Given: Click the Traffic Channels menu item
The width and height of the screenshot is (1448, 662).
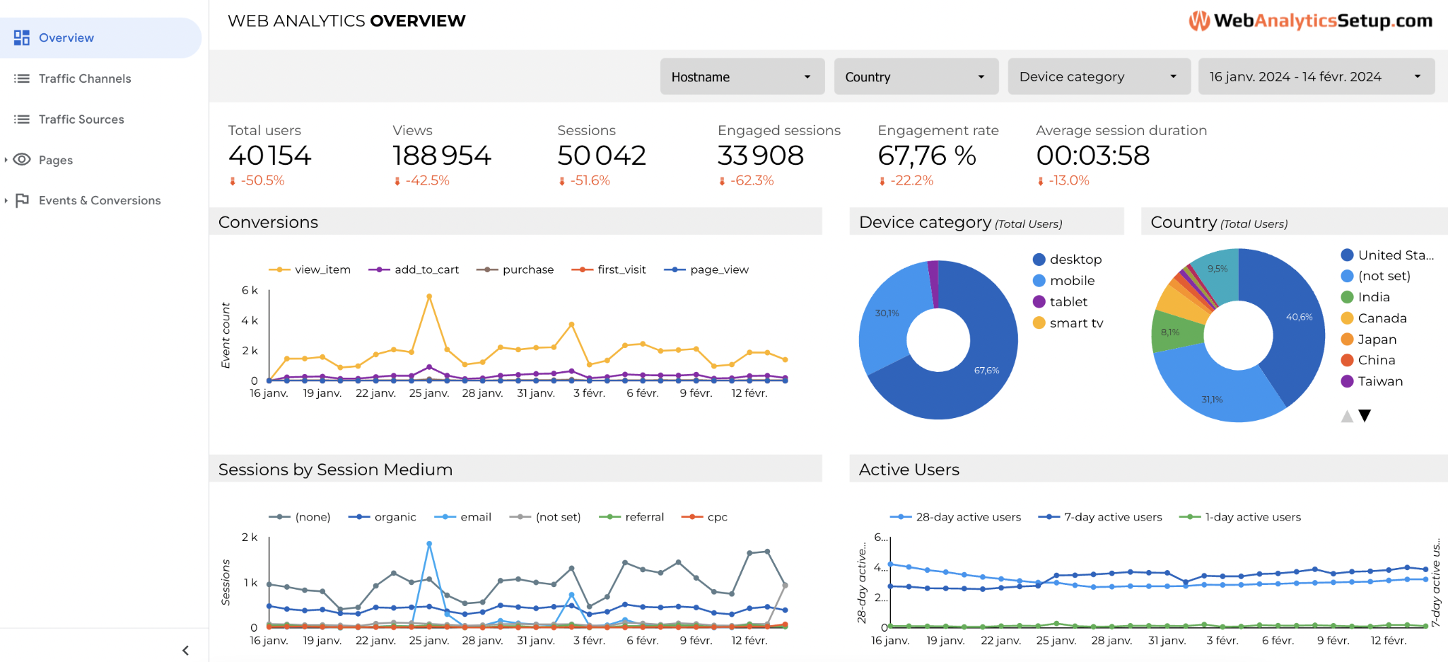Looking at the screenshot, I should click(x=84, y=79).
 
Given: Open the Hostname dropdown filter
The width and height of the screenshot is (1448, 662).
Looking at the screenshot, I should click(x=742, y=76).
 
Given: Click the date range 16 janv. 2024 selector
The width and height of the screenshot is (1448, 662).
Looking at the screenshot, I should click(x=1315, y=76).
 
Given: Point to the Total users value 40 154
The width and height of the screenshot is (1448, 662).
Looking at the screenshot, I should click(x=269, y=156).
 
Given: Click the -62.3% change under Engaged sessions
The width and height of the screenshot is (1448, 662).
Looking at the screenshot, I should click(x=751, y=180).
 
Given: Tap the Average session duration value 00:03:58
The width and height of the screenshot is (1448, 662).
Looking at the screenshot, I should click(x=1092, y=156).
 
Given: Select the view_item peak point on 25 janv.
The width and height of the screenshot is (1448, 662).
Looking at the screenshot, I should click(x=429, y=297).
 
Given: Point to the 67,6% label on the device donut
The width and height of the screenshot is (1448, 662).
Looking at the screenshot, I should click(x=986, y=371).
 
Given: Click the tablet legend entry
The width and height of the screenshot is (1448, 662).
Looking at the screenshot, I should click(x=1068, y=302).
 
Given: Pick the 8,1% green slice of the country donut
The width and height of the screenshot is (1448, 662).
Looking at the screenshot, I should click(x=1171, y=332).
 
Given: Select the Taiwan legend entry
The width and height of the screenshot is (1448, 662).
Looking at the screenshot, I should click(x=1379, y=381).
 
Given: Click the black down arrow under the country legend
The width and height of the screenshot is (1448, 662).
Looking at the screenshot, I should click(x=1365, y=416).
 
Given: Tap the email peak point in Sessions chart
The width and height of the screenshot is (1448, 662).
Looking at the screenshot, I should click(x=429, y=544).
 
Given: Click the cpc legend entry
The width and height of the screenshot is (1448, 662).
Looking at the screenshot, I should click(x=716, y=517).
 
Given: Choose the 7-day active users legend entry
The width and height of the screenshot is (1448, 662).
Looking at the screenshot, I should click(x=1112, y=517).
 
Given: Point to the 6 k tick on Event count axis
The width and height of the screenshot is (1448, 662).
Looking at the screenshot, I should click(x=250, y=291).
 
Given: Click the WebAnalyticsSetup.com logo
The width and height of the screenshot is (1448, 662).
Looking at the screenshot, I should click(x=1310, y=21).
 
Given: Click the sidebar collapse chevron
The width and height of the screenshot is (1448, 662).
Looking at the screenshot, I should click(x=185, y=650).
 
